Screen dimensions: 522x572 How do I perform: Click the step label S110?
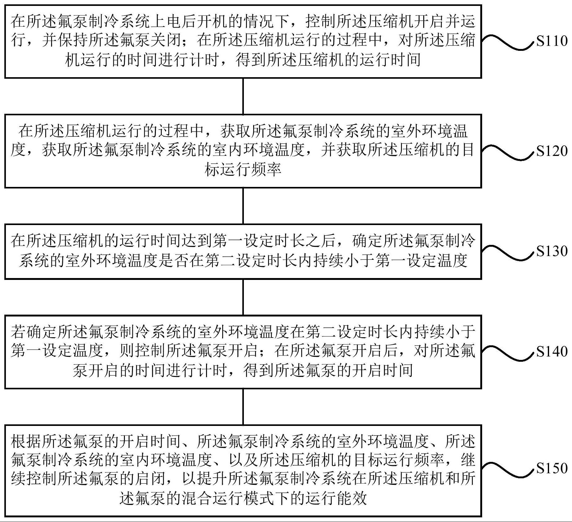click(x=552, y=41)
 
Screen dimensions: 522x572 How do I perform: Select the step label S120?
click(x=552, y=151)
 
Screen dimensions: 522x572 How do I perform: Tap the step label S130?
click(x=552, y=251)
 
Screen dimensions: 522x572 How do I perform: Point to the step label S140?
click(x=552, y=352)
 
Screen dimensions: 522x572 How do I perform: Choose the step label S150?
click(x=552, y=468)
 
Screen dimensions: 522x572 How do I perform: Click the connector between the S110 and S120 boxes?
click(x=243, y=96)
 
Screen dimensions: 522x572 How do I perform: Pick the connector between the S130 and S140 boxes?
click(x=243, y=297)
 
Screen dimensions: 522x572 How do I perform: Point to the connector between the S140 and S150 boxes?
click(x=243, y=407)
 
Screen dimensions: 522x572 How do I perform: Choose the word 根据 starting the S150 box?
click(x=26, y=442)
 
